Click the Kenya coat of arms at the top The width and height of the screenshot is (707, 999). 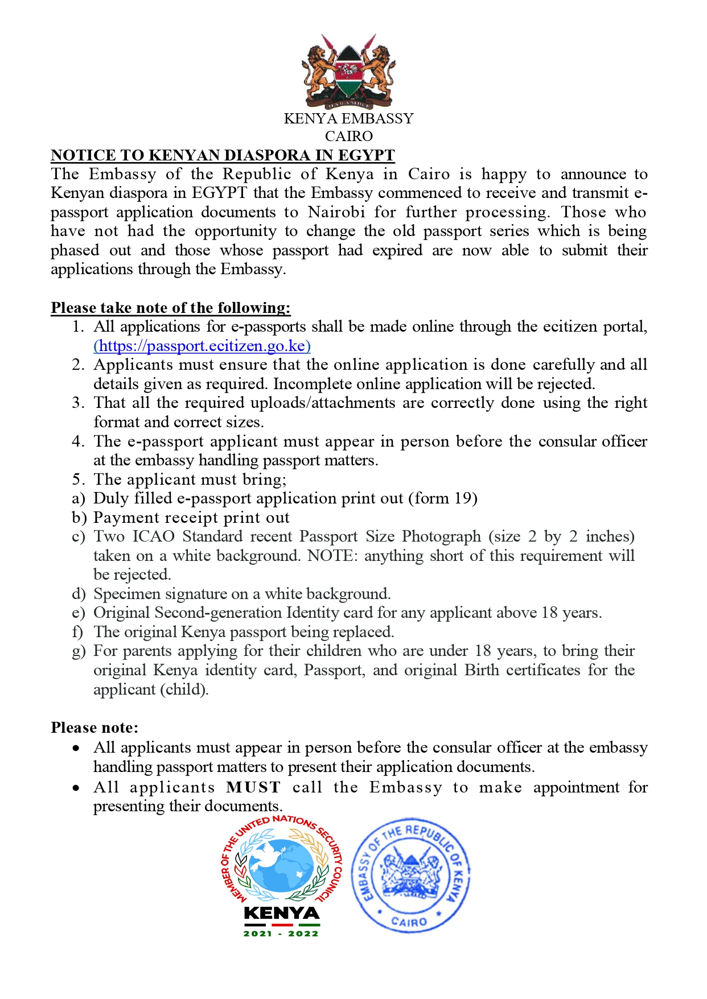(x=348, y=71)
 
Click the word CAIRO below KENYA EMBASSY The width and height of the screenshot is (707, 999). (x=348, y=137)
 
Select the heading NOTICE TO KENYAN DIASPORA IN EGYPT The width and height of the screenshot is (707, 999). (x=223, y=155)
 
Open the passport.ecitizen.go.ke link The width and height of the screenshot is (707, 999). (x=202, y=346)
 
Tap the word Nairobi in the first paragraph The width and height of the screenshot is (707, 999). (x=336, y=212)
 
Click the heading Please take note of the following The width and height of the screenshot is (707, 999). (x=170, y=308)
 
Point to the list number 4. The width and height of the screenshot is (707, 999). (x=78, y=441)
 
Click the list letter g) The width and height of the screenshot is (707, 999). (x=79, y=651)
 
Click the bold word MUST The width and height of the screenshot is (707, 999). (x=253, y=787)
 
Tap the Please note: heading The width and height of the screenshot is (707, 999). (x=94, y=728)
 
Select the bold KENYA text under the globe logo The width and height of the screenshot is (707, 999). (x=281, y=914)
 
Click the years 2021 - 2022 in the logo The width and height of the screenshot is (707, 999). (x=281, y=934)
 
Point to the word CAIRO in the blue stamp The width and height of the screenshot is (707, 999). (x=409, y=922)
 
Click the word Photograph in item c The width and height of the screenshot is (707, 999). (x=441, y=536)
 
